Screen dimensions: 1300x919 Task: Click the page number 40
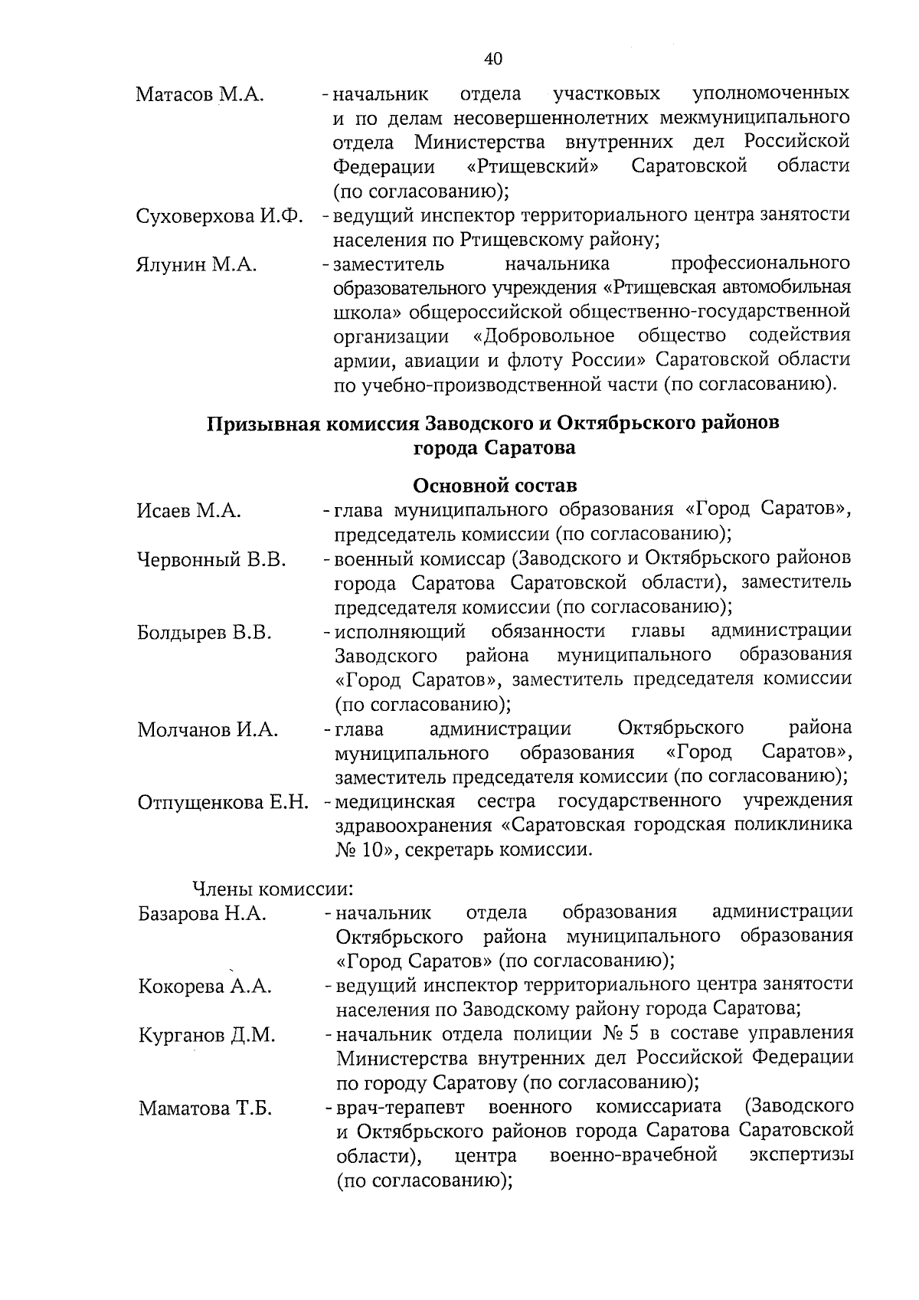(x=493, y=59)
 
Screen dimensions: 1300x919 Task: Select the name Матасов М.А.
(x=200, y=94)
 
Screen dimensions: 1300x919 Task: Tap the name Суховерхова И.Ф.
(x=220, y=215)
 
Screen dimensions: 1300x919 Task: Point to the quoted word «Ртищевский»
(x=533, y=166)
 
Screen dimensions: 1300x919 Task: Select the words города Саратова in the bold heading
(x=494, y=448)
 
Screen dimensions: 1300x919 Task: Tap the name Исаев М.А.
(x=189, y=510)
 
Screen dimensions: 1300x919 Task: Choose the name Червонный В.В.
(x=212, y=560)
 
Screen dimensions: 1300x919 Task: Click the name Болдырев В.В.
(x=204, y=633)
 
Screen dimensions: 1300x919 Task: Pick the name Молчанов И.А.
(x=208, y=729)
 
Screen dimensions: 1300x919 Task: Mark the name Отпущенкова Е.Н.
(x=223, y=802)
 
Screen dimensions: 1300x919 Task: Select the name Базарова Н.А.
(x=202, y=913)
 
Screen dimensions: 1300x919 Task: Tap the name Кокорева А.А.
(x=204, y=986)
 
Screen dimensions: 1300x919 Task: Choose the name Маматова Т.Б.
(x=204, y=1108)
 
